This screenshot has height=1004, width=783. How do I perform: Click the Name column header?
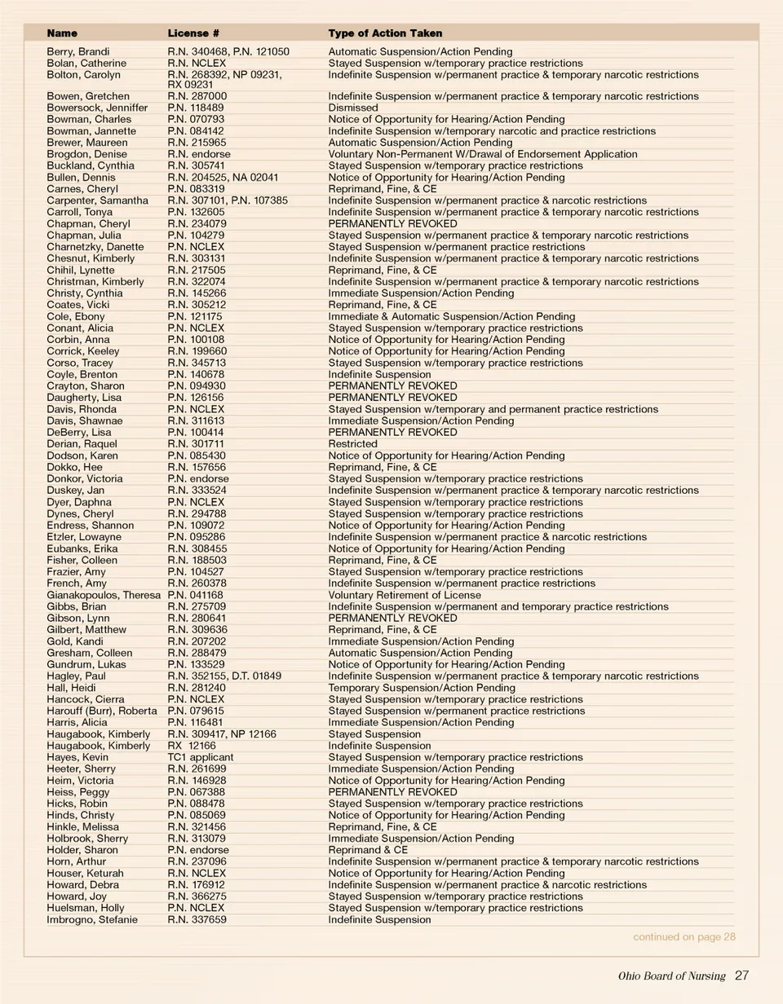click(x=62, y=33)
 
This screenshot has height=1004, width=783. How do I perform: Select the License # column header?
click(x=193, y=33)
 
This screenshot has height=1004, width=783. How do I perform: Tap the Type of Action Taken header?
click(x=385, y=33)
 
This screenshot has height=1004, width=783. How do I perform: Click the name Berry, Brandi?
click(x=78, y=51)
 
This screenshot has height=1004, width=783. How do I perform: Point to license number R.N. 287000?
click(x=197, y=96)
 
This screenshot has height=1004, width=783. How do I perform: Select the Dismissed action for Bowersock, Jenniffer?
click(x=353, y=108)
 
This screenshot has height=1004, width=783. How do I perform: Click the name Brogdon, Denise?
click(x=86, y=154)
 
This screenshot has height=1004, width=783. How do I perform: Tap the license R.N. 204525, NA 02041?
click(x=223, y=177)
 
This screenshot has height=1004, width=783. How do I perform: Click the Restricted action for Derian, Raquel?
click(x=352, y=444)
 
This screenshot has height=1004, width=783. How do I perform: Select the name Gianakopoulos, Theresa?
click(x=104, y=595)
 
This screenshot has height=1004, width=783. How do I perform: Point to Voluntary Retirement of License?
click(x=405, y=595)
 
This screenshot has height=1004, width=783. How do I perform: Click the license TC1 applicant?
click(x=200, y=757)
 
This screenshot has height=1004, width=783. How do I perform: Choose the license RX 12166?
click(x=192, y=746)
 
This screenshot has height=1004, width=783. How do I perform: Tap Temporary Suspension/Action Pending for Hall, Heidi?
click(x=422, y=688)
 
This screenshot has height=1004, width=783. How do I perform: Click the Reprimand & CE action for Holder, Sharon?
click(x=368, y=850)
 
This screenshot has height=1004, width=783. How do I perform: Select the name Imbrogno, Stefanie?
click(x=92, y=919)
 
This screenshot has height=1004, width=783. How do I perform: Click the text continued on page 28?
click(x=684, y=937)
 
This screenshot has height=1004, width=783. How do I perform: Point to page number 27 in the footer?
click(x=741, y=975)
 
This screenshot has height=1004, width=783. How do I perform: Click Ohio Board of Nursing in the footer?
click(x=671, y=976)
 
